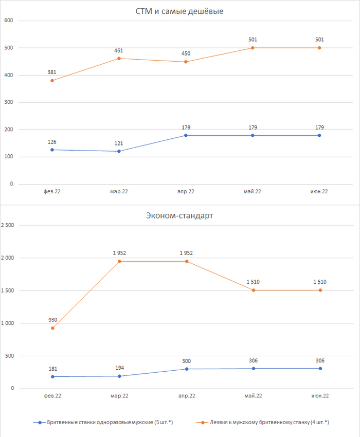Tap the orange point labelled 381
52,81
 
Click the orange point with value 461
119,59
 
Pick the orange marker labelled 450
186,62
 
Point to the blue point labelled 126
52,150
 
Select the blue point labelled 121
119,151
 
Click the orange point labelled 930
52,328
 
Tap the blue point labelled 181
52,377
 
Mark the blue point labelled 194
119,376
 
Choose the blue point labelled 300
186,369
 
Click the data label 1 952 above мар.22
119,253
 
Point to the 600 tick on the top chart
8,21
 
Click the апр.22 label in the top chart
186,192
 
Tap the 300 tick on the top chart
8,102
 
